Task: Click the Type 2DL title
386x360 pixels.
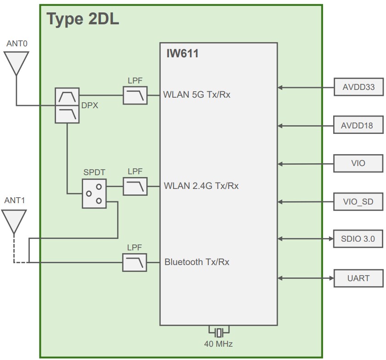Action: [x=83, y=19]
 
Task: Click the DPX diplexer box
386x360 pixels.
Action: [x=67, y=105]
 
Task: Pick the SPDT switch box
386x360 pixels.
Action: [x=94, y=193]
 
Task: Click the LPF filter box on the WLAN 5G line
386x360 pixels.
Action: [x=135, y=95]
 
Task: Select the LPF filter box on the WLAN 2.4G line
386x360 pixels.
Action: [x=135, y=186]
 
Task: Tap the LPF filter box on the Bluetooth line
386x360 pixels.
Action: [x=135, y=263]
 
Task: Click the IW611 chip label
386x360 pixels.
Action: [x=182, y=54]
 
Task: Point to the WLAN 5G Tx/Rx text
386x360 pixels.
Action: [x=197, y=95]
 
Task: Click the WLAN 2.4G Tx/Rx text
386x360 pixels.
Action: [x=201, y=186]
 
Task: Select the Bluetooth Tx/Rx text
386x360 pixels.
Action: [x=197, y=262]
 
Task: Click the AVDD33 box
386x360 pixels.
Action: [x=358, y=87]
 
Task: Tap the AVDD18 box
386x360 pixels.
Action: [x=358, y=125]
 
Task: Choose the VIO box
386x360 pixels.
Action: [x=358, y=163]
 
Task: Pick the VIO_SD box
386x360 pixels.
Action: [x=358, y=202]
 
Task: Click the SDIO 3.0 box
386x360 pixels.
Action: [x=358, y=239]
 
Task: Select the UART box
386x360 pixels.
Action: [x=358, y=278]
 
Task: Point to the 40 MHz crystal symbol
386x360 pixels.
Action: [x=219, y=332]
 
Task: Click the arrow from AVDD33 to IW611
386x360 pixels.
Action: [x=305, y=87]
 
